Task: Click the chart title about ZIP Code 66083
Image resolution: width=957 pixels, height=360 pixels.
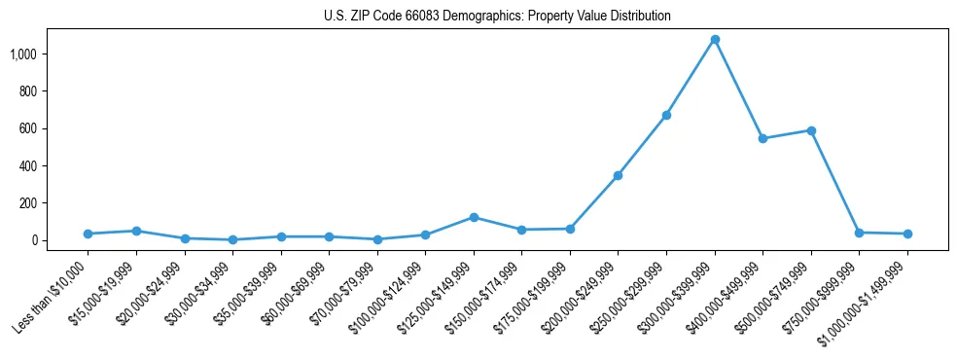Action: [x=497, y=16]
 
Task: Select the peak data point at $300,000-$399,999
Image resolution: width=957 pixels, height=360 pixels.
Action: [x=715, y=40]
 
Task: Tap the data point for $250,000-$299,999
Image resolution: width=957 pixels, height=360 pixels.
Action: [x=666, y=115]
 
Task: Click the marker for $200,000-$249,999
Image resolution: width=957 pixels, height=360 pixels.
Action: [x=618, y=175]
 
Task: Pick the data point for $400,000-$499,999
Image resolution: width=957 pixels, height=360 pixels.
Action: [x=762, y=138]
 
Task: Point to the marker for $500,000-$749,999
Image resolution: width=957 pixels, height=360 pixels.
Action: [x=811, y=130]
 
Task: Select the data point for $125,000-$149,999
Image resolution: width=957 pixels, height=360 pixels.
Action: [x=474, y=217]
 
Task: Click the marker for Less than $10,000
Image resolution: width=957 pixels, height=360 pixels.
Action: [x=88, y=234]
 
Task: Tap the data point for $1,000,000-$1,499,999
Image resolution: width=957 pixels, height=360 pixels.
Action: [x=907, y=234]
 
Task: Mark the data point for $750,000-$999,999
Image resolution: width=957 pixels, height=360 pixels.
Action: [x=859, y=233]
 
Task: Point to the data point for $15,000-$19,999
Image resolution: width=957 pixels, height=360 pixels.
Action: [x=136, y=231]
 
